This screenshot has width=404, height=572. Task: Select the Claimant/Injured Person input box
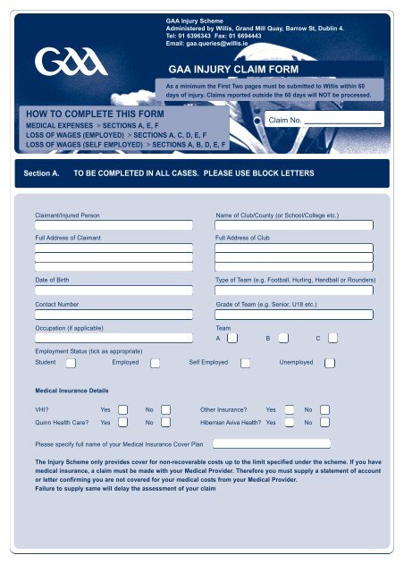point(114,225)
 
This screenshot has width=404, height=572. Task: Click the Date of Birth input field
point(114,290)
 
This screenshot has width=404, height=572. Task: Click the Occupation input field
point(114,338)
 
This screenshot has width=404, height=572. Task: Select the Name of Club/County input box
point(294,225)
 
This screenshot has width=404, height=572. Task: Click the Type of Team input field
point(294,290)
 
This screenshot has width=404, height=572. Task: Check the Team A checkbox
point(232,339)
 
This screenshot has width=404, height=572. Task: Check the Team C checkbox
point(332,339)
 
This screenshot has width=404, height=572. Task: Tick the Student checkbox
point(71,363)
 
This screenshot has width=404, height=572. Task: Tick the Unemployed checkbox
point(329,363)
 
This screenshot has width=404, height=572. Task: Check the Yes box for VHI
point(124,409)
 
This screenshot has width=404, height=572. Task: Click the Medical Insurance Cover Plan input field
point(271,442)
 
